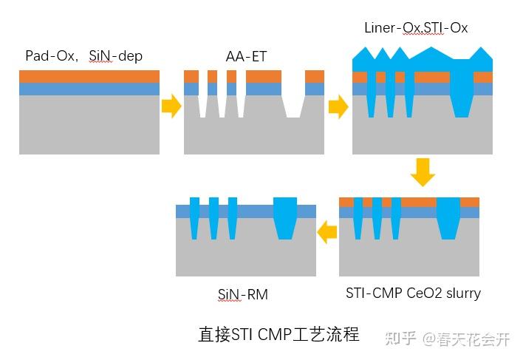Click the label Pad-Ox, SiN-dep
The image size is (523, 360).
tap(83, 56)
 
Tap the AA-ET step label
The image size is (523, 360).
tap(244, 56)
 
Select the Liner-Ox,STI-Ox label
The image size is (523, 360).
tap(416, 28)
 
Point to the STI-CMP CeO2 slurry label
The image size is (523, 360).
tap(413, 293)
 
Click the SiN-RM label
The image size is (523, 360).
tap(242, 295)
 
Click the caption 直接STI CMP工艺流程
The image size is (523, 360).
tap(278, 334)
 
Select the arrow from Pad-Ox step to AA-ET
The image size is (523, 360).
tap(171, 106)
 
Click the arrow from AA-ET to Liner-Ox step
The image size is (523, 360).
tap(338, 106)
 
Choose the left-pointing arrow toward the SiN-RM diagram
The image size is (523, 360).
tap(327, 233)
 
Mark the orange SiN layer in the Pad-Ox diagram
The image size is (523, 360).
tap(89, 76)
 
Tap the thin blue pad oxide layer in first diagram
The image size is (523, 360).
tap(89, 89)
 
